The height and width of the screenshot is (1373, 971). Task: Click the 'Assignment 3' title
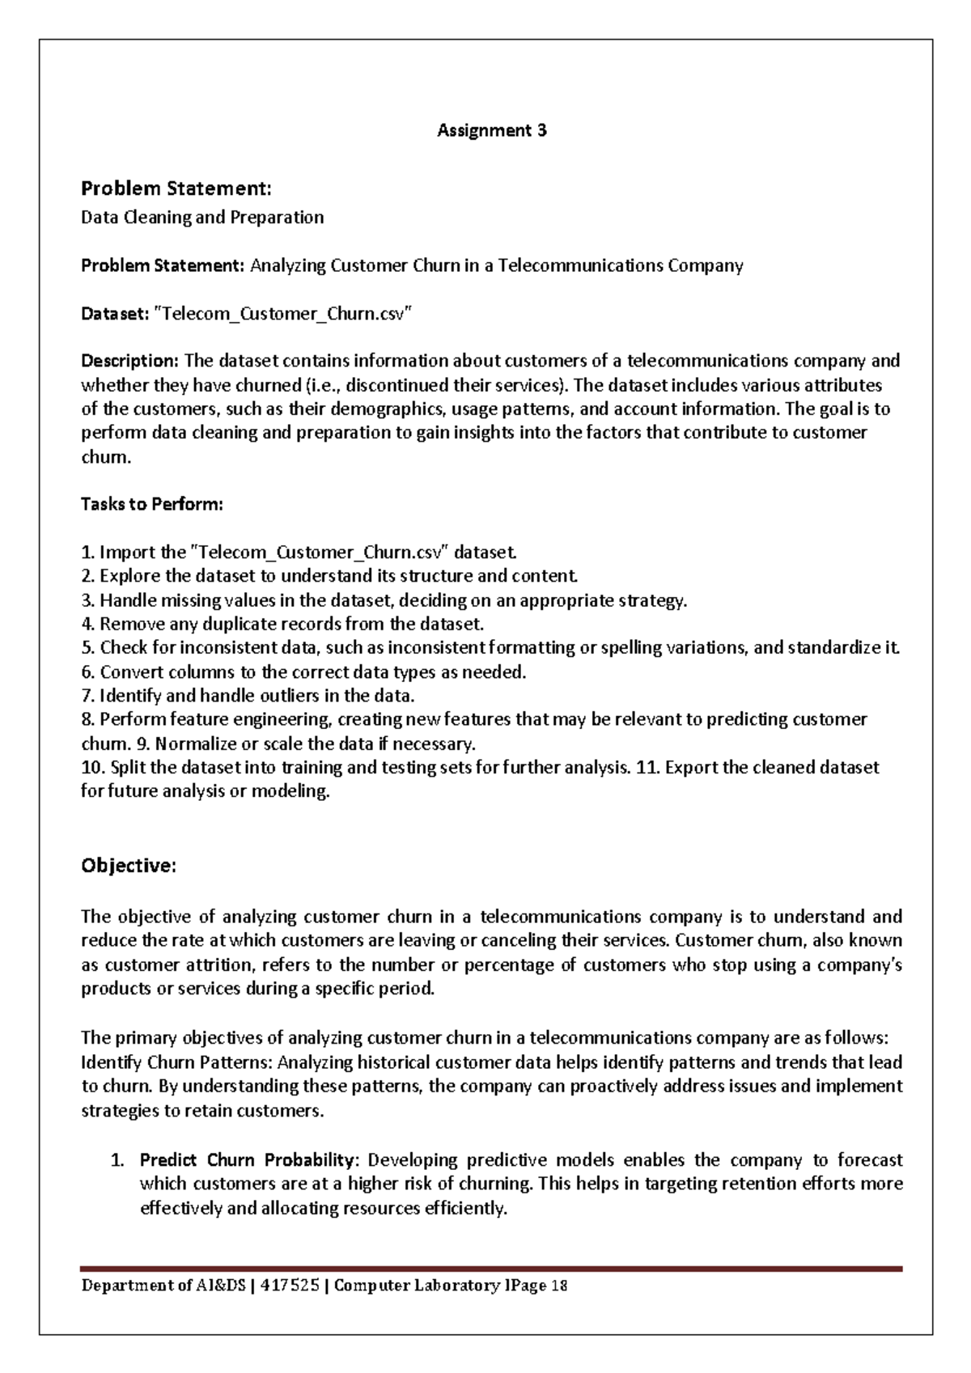point(492,130)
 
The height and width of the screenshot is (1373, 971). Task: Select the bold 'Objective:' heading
point(128,866)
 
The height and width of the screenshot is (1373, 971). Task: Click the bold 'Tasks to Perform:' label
point(151,505)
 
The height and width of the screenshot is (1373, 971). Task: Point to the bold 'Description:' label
point(130,361)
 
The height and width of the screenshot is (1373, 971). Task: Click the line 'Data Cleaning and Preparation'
point(202,218)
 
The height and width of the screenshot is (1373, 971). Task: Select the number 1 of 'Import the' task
point(86,553)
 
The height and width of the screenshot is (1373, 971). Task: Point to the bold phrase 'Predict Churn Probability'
point(247,1160)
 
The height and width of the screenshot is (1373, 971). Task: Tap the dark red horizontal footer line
point(491,1269)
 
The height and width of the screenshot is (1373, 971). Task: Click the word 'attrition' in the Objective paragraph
point(217,965)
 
